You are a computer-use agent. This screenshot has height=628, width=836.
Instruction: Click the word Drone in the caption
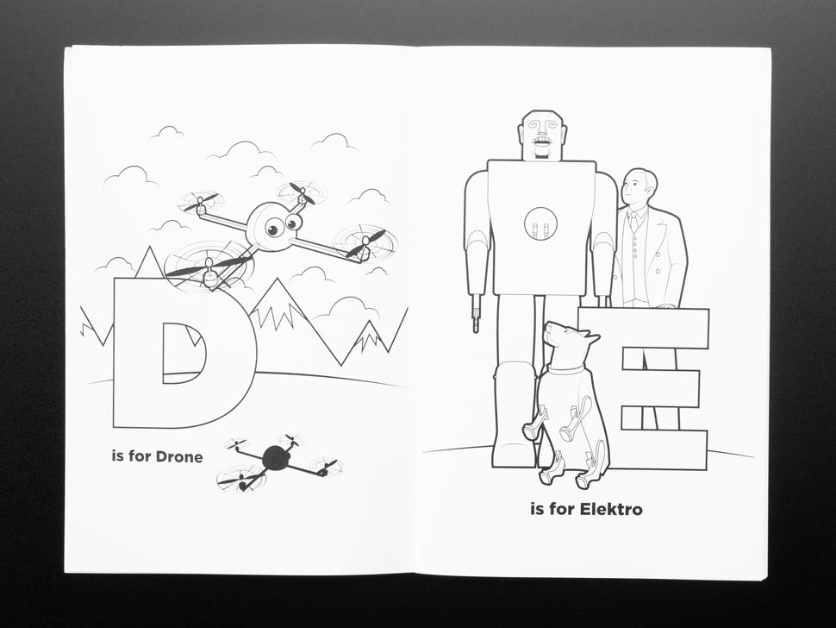[x=179, y=457]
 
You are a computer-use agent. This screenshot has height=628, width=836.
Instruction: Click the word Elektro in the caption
[x=610, y=510]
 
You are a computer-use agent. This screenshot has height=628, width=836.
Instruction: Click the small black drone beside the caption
[x=275, y=459]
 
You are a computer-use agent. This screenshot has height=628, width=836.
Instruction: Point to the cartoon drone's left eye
[x=274, y=229]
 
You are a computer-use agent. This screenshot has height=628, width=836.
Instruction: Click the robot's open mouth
[x=542, y=142]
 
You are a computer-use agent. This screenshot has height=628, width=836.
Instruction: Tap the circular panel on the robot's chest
[x=540, y=223]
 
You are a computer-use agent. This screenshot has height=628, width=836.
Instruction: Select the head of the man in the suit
[x=639, y=188]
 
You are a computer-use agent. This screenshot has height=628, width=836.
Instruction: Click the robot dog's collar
[x=565, y=369]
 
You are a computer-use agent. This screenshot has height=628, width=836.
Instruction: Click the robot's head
[x=542, y=135]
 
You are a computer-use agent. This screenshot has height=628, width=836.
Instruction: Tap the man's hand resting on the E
[x=664, y=306]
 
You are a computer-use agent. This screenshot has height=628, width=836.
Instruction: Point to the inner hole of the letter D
[x=184, y=353]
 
